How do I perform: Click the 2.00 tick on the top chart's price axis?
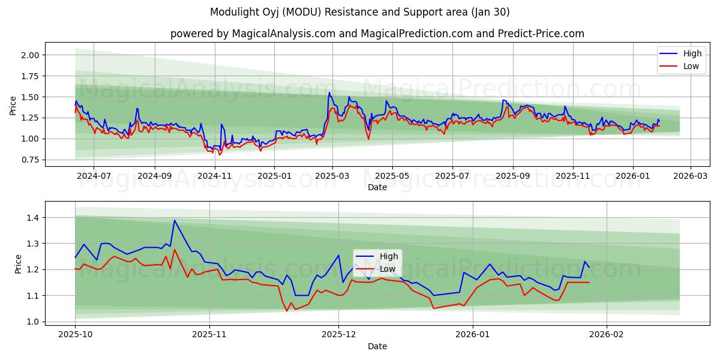click(31, 55)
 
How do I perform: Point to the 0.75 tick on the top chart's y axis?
click(31, 160)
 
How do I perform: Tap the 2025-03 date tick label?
click(332, 176)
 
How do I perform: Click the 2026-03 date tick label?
click(690, 176)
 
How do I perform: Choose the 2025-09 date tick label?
click(512, 176)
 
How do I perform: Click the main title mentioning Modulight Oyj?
click(360, 12)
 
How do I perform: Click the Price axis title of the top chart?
click(13, 105)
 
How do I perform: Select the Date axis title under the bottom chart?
click(377, 346)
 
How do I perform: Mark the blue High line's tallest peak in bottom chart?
click(175, 220)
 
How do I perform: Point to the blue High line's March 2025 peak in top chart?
click(329, 92)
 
